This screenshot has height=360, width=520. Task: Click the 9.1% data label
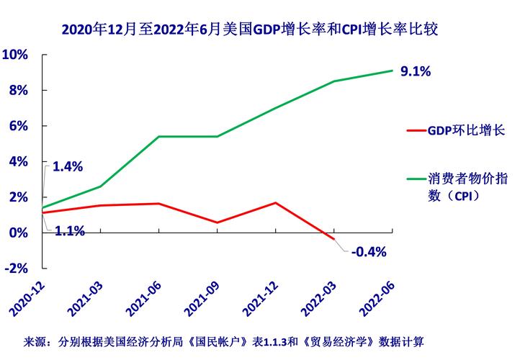coord(415,71)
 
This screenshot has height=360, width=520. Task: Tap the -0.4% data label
coord(369,251)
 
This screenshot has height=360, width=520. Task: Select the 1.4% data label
coord(68,166)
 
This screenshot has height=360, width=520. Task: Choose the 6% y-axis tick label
coord(18,126)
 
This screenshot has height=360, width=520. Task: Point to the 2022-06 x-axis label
coord(378,297)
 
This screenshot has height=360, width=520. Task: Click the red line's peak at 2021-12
coord(276,202)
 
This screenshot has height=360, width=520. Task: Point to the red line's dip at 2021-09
coord(218,222)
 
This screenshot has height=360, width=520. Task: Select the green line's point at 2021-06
coord(159,136)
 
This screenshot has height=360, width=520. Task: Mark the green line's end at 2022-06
coord(393,71)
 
